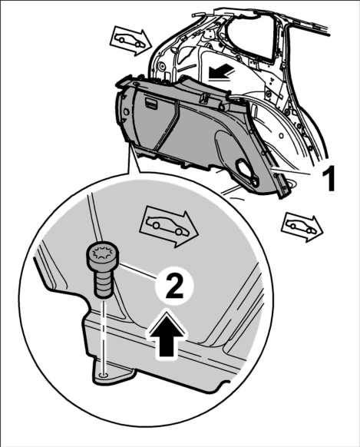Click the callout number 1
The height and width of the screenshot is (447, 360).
click(328, 179)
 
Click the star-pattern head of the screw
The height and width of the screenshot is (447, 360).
click(103, 253)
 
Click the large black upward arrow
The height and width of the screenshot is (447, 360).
click(166, 333)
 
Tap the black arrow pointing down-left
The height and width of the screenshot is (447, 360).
click(222, 72)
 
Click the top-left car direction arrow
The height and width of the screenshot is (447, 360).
click(130, 40)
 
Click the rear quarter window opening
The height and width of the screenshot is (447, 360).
click(252, 35)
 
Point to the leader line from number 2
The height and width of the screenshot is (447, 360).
click(138, 271)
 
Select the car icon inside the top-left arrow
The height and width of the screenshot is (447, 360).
click(130, 41)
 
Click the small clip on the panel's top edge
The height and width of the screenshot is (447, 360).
click(204, 98)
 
